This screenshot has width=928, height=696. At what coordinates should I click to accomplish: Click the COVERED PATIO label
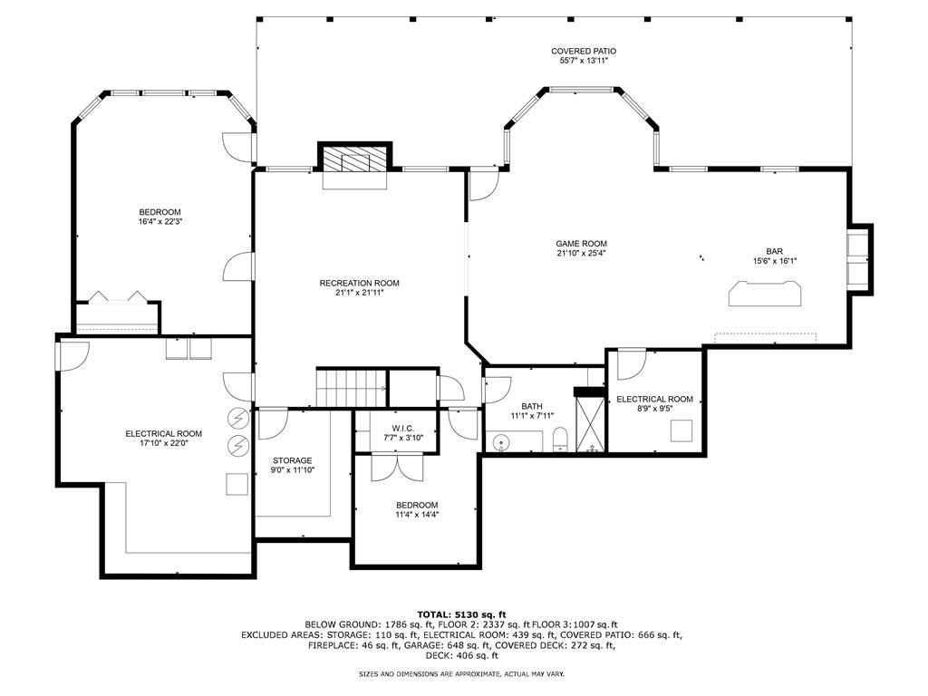[x=584, y=52]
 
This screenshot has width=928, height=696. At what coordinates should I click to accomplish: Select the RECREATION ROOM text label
[x=359, y=284]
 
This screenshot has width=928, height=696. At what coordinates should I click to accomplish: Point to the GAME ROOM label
[x=581, y=244]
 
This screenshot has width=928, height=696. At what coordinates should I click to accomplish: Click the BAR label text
[x=774, y=252]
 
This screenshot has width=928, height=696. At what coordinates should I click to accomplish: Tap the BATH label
[x=531, y=406]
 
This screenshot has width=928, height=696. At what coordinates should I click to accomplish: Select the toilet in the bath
[x=559, y=440]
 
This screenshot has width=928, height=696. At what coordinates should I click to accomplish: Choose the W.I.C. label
[x=402, y=428]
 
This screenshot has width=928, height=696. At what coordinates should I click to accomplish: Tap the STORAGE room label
[x=292, y=460]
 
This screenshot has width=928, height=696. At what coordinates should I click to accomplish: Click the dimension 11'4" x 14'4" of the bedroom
[x=417, y=515]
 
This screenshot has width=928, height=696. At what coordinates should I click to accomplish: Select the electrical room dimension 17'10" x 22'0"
[x=164, y=443]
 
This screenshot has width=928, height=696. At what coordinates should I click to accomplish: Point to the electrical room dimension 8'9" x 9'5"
[x=654, y=409]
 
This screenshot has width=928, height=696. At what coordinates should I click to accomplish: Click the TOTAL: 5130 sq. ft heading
[x=461, y=614]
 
